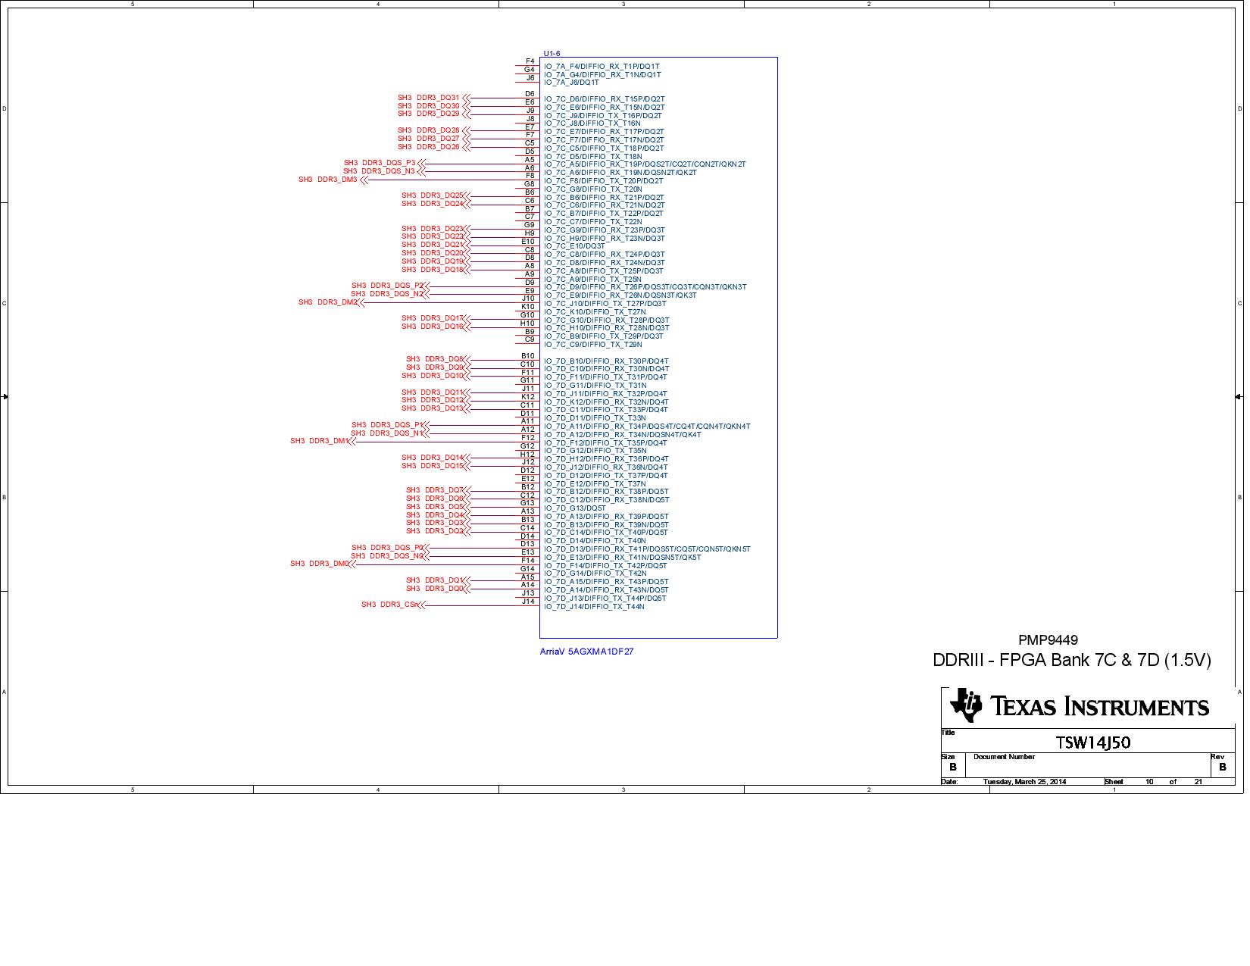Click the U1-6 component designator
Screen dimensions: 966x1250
pos(552,53)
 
